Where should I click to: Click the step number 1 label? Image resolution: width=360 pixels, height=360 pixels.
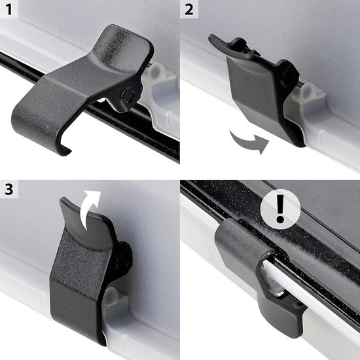coord(9,10)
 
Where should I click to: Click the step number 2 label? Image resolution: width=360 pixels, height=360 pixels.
coord(189,10)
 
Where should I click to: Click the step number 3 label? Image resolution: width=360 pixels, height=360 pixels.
coord(9,190)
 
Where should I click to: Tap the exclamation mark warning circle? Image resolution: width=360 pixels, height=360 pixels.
coord(280,209)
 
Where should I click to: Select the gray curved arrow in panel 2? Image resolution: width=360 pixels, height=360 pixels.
coord(249,142)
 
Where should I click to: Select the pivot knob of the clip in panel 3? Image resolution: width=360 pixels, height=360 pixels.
coord(124,254)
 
